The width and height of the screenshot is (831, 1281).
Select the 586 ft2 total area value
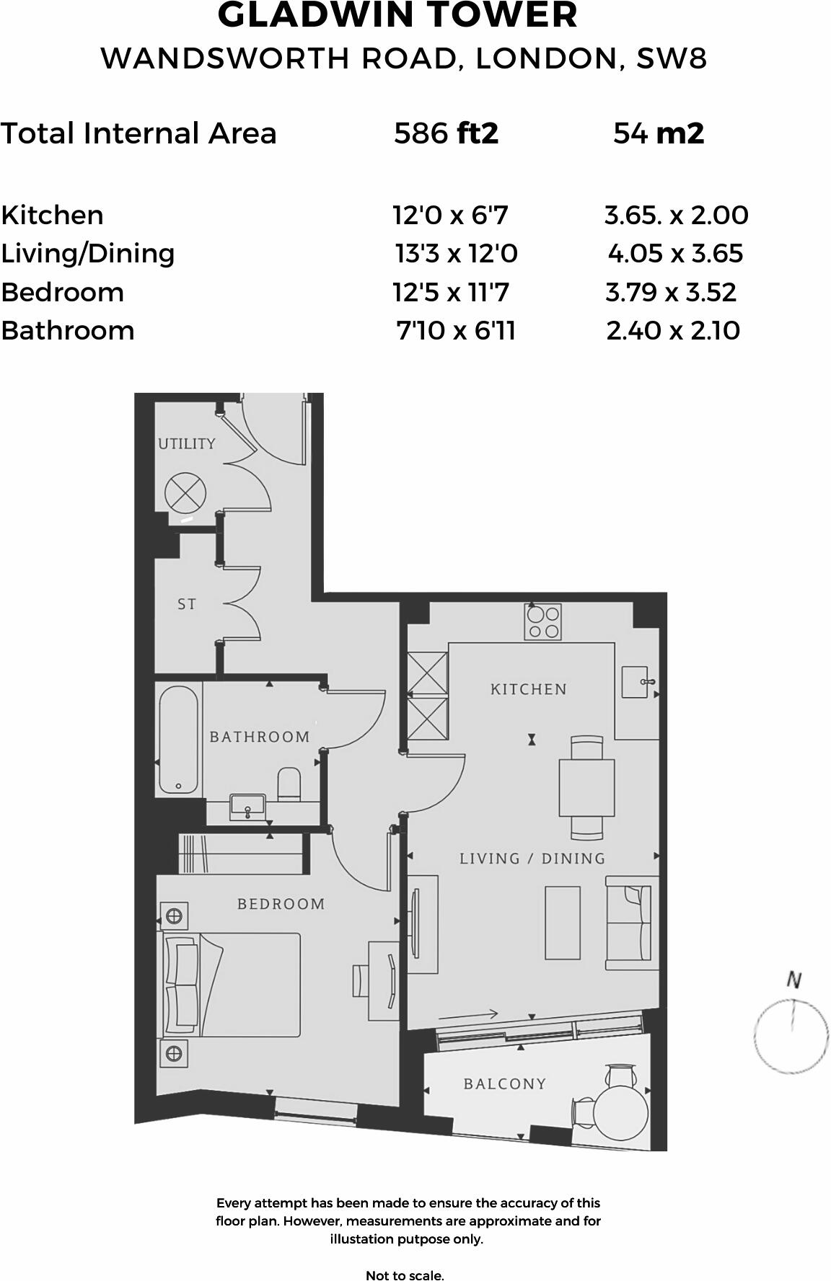pos(446,133)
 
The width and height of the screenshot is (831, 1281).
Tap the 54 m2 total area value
pos(659,133)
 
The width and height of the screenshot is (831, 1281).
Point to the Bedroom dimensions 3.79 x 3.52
pos(671,292)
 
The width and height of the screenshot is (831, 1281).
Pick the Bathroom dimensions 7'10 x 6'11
pos(456,330)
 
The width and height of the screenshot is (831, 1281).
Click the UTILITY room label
pos(187,443)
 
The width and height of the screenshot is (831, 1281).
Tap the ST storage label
pos(187,604)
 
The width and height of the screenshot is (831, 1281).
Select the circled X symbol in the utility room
pos(185,494)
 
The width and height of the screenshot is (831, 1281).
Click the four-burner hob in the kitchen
pos(542,622)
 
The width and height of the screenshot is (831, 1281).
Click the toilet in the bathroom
pos(289,784)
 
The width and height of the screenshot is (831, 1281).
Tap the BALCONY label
pos(505,1083)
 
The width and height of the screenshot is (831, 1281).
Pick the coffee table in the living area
pos(563,923)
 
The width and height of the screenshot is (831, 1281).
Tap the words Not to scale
pos(405,1275)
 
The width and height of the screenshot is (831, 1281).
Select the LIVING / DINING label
pos(532,859)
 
